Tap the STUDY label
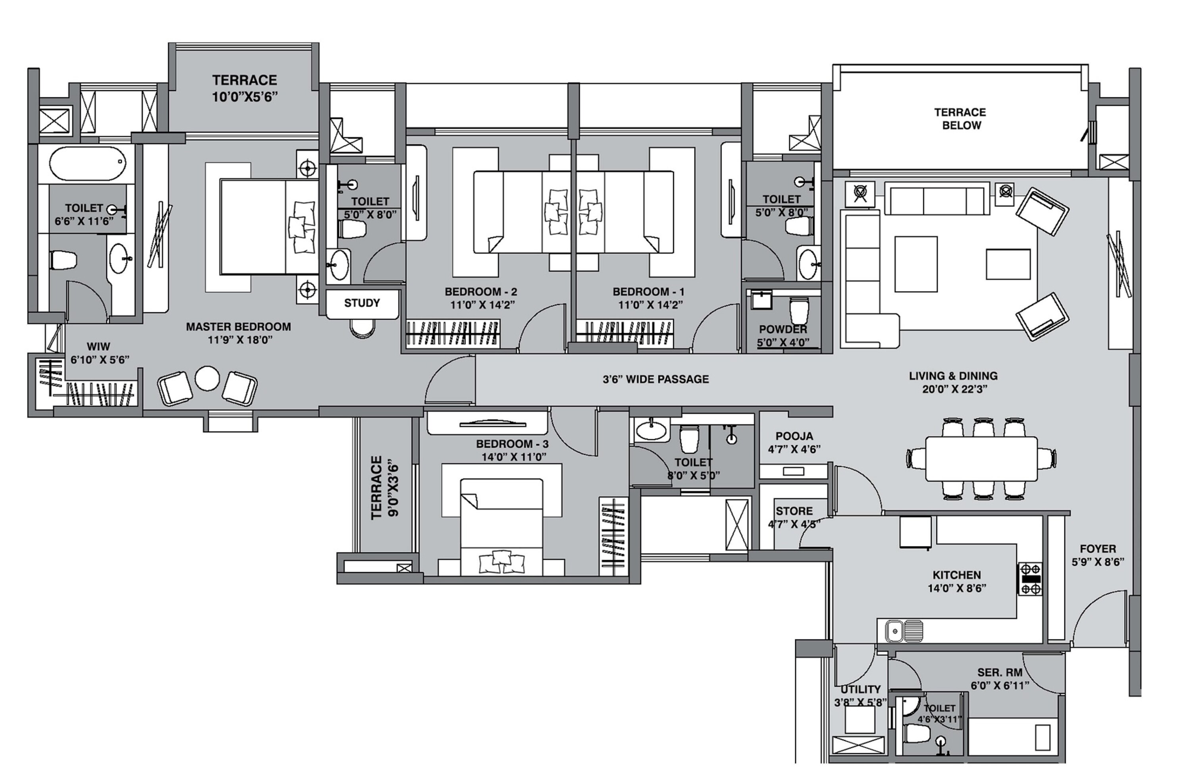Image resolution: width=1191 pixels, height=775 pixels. (362, 303)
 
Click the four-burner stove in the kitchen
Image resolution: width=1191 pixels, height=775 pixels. (1031, 579)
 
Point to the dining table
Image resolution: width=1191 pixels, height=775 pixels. (981, 458)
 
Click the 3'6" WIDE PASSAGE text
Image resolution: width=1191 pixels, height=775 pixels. (655, 379)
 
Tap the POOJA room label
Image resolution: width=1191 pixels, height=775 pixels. (794, 436)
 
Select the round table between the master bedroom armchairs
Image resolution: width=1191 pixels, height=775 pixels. (207, 378)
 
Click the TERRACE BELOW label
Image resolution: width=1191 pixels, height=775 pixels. (960, 119)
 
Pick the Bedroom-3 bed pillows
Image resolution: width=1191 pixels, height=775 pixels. (501, 561)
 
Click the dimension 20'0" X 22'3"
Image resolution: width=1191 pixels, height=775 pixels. (954, 389)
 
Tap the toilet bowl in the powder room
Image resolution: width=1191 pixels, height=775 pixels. (799, 310)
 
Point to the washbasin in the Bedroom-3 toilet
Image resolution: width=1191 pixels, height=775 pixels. (651, 430)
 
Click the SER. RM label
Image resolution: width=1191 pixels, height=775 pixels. (1000, 673)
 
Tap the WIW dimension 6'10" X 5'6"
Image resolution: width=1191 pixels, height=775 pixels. (100, 360)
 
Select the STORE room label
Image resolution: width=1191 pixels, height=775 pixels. (794, 511)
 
